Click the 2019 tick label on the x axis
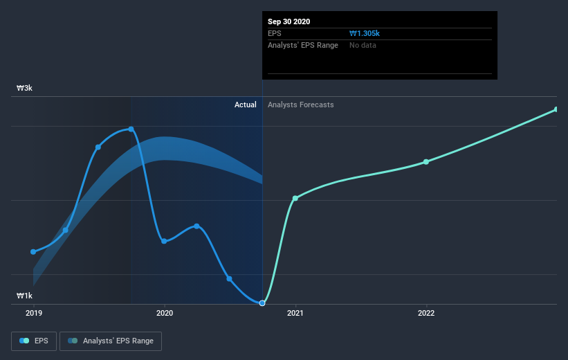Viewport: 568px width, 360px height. tap(33, 314)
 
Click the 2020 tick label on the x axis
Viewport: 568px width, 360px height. tap(165, 314)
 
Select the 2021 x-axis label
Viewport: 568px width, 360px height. tap(295, 314)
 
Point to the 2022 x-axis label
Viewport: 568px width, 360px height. tap(426, 314)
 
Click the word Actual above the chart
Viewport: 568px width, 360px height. tap(246, 105)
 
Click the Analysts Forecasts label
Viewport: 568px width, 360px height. tap(301, 105)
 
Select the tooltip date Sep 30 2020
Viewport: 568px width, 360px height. tap(289, 21)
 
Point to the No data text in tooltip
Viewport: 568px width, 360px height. tap(363, 45)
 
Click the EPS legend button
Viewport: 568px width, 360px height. tap(35, 341)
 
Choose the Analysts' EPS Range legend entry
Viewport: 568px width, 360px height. tap(111, 341)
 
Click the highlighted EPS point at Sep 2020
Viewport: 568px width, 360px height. tap(262, 303)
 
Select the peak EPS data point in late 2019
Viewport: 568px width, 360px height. tap(131, 129)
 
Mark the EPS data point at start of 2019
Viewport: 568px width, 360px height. tap(33, 251)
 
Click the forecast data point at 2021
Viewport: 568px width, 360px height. tap(295, 198)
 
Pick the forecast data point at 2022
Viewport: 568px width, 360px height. tap(426, 161)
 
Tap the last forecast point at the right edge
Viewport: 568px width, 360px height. tap(556, 109)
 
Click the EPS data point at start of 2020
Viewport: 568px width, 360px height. tap(164, 241)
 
